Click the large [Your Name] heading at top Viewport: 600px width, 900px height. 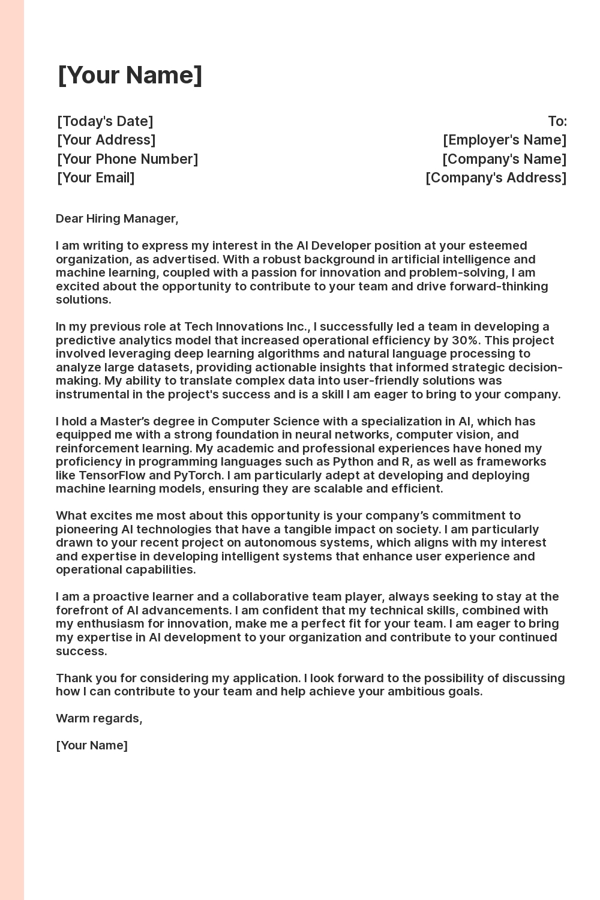tap(130, 76)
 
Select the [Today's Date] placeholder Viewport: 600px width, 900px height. tap(105, 121)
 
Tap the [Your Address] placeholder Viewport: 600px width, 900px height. tap(106, 140)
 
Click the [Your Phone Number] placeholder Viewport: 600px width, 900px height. tap(127, 159)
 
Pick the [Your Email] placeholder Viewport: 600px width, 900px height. tap(96, 178)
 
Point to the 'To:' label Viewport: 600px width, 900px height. tap(557, 121)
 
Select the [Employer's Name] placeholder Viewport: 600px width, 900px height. tap(505, 140)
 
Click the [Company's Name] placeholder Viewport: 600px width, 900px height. tap(504, 159)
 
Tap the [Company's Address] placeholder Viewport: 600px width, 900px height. tap(496, 178)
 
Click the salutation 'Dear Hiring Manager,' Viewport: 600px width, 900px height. tap(117, 218)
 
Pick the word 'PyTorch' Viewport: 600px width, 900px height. tap(198, 475)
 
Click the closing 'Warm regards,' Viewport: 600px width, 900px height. tap(99, 718)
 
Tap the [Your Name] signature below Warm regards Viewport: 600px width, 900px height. tap(92, 745)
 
